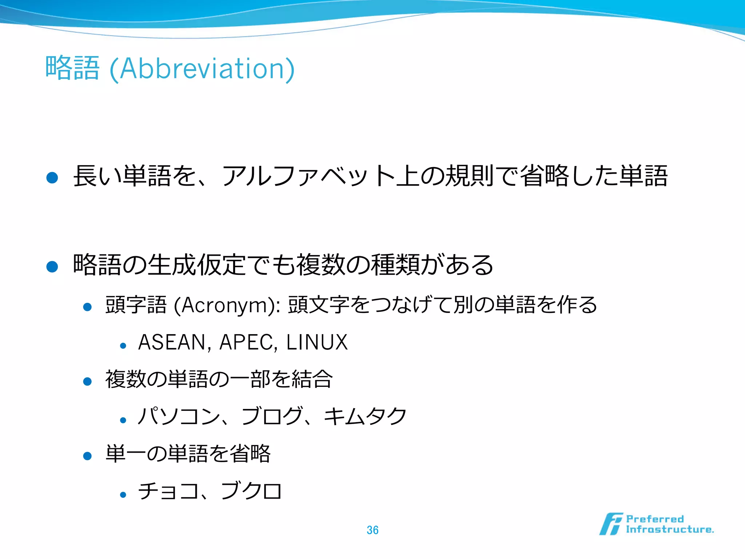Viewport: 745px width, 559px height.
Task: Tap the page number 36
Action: (x=372, y=530)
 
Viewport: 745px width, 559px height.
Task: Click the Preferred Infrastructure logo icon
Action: (x=611, y=524)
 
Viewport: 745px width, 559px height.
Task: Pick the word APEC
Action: (x=246, y=342)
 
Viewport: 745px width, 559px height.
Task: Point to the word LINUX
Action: (x=317, y=342)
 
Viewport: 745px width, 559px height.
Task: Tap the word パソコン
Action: (x=179, y=416)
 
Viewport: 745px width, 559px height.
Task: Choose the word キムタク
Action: (x=365, y=416)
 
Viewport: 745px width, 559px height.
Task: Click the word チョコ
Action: (x=168, y=491)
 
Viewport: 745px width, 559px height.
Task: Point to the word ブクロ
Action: (x=251, y=491)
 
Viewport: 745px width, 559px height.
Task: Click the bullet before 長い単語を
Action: (x=52, y=178)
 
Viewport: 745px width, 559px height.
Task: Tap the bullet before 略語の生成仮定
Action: (x=52, y=266)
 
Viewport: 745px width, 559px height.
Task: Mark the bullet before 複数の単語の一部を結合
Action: (x=87, y=381)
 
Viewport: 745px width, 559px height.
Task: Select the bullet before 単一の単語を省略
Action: (x=87, y=456)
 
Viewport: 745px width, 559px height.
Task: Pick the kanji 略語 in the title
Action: (x=72, y=68)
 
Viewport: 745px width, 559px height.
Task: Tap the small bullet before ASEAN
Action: (x=123, y=346)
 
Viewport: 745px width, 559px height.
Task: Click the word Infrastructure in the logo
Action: (x=669, y=530)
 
